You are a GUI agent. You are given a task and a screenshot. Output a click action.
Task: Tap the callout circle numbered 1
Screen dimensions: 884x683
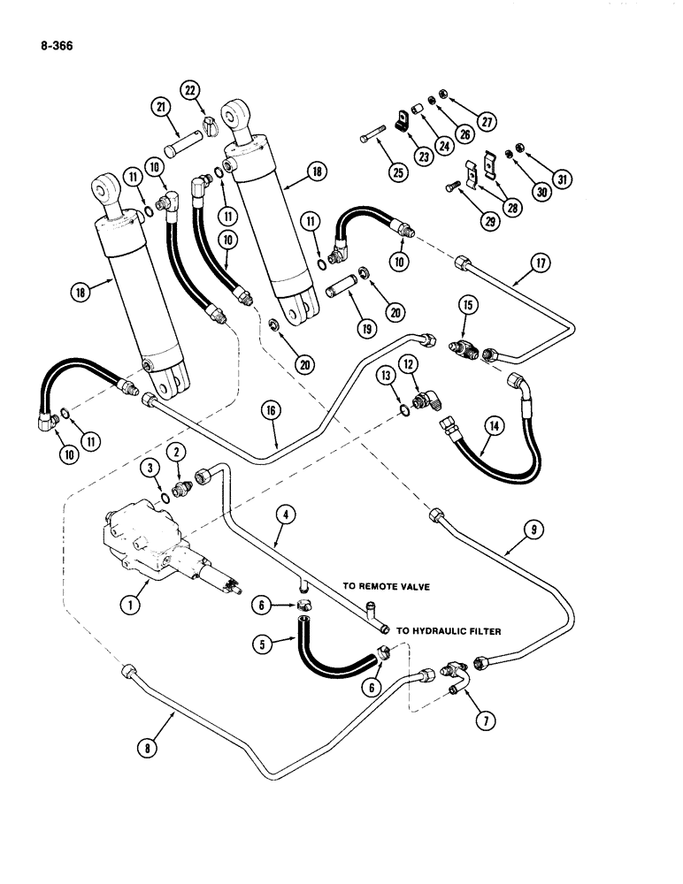(131, 605)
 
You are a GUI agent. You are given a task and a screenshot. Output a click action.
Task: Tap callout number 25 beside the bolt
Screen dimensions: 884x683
(397, 173)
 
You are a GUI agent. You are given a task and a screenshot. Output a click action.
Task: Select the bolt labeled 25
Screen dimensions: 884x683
(372, 142)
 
